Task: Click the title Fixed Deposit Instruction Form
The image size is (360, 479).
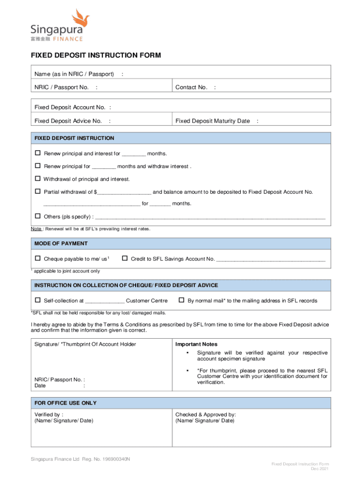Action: point(96,55)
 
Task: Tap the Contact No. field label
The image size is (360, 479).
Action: point(191,87)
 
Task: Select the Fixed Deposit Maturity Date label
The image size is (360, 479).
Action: point(213,121)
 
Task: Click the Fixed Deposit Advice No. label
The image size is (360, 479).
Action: point(68,121)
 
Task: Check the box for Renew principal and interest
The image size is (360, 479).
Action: point(38,153)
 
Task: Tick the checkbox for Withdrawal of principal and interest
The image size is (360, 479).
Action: point(38,179)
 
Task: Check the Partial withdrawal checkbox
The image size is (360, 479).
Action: point(38,191)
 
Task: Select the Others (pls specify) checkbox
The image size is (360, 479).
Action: point(38,216)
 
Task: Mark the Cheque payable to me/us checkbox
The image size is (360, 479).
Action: point(38,258)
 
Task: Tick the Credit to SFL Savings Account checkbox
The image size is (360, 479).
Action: point(125,258)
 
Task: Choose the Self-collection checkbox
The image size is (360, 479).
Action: point(38,300)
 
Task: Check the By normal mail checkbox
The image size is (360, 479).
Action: point(182,300)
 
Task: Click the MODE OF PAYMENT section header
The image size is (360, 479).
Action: point(61,243)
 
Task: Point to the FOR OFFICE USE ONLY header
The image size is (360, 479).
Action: point(65,403)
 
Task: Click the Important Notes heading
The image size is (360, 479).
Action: point(196,344)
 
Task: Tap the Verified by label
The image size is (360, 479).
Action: point(49,414)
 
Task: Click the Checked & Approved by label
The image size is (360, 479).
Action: point(206,414)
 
